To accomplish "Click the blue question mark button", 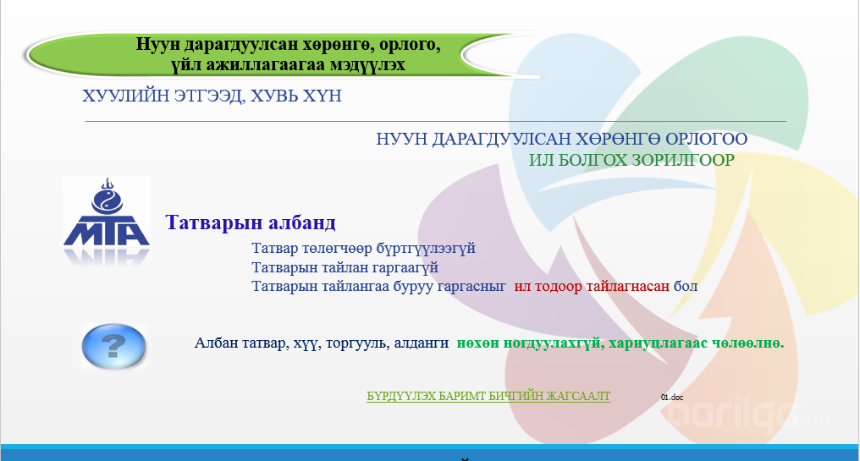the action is coord(113,346).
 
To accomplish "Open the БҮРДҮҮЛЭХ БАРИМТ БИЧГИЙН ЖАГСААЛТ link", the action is coord(488,397).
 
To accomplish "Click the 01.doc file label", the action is coord(672,398).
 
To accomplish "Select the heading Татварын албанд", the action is coord(251,222).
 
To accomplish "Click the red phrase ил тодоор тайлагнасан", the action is coord(592,286).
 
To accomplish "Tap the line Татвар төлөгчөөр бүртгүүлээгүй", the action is coord(364,249).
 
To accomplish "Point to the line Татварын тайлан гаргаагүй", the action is coord(345,267).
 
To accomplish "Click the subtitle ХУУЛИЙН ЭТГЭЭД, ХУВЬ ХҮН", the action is coord(212,96).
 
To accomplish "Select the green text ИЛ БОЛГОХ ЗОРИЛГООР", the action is coord(631,160).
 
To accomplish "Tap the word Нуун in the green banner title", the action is coord(157,44).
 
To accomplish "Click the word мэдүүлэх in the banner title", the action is coord(368,64).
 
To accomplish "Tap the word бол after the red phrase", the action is coord(686,286).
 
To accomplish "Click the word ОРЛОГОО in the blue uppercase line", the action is coord(707,139).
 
